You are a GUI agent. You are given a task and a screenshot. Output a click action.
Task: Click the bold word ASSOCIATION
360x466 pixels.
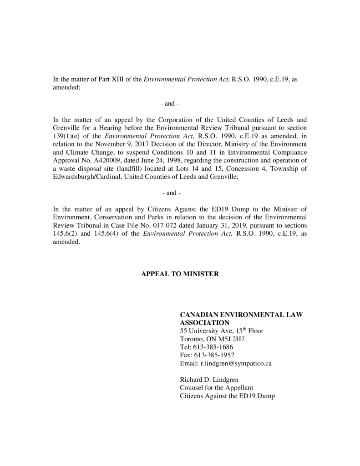click(x=205, y=322)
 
